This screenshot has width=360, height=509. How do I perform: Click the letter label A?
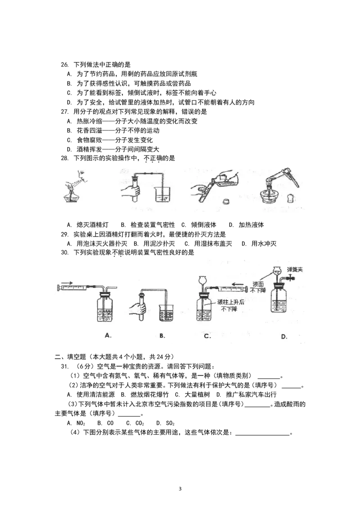coord(108,335)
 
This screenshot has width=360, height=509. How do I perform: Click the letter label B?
coord(162,335)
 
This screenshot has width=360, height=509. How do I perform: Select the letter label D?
coord(284,336)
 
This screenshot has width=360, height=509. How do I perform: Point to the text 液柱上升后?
coord(230,302)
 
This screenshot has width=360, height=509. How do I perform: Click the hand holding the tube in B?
coord(136,309)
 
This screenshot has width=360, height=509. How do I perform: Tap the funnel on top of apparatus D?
coord(278,272)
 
